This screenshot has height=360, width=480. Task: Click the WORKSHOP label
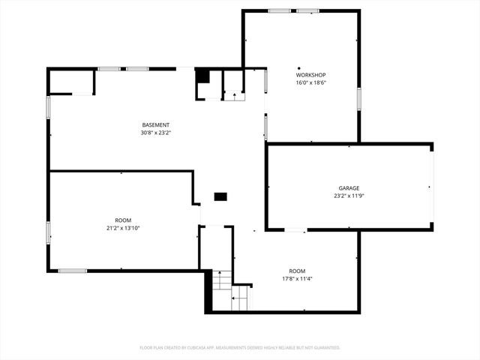[310, 75]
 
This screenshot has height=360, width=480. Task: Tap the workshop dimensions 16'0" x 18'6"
[310, 82]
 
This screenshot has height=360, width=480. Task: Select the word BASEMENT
[156, 124]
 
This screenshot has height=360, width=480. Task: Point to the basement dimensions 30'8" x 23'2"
[156, 132]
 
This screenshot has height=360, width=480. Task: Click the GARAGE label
[349, 188]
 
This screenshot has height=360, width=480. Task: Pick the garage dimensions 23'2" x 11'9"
[349, 196]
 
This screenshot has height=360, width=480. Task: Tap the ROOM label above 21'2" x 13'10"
[123, 220]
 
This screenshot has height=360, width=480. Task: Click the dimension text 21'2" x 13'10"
[123, 228]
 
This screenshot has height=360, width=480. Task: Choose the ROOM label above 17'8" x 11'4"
[298, 271]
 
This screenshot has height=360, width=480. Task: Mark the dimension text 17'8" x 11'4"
[298, 278]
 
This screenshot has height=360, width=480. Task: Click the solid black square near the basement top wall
[202, 76]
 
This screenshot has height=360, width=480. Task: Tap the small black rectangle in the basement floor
[220, 196]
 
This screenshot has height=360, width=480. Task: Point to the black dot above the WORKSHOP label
[298, 67]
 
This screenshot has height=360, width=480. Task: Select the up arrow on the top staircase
[235, 94]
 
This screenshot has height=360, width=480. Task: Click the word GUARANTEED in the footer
[325, 348]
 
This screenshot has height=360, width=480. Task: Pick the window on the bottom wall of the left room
[73, 271]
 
